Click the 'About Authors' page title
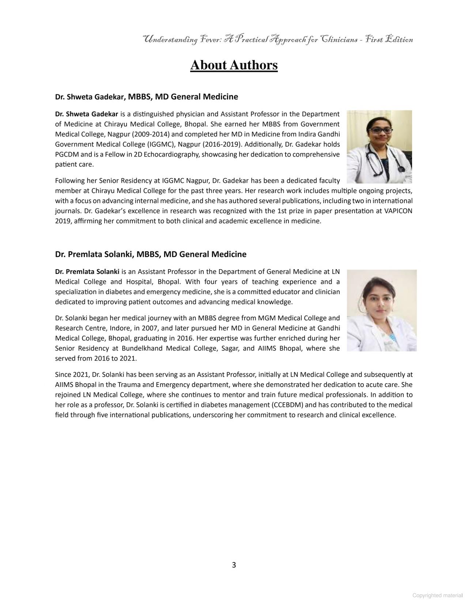234,65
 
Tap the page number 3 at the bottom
234,565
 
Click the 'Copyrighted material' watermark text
437,595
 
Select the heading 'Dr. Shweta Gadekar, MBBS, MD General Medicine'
146,97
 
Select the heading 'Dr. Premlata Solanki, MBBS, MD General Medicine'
151,254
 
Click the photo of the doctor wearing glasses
379,146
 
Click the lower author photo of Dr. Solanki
381,310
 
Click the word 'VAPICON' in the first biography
399,211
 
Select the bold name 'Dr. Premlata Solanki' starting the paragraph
87,272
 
